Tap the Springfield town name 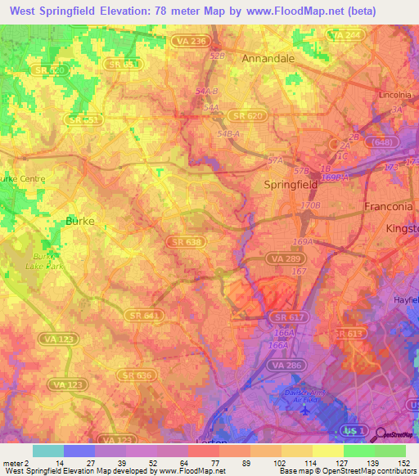(x=295, y=185)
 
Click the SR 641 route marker (x=143, y=314)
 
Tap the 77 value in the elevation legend (x=204, y=463)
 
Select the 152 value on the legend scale (x=405, y=463)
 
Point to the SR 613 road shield (x=348, y=334)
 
